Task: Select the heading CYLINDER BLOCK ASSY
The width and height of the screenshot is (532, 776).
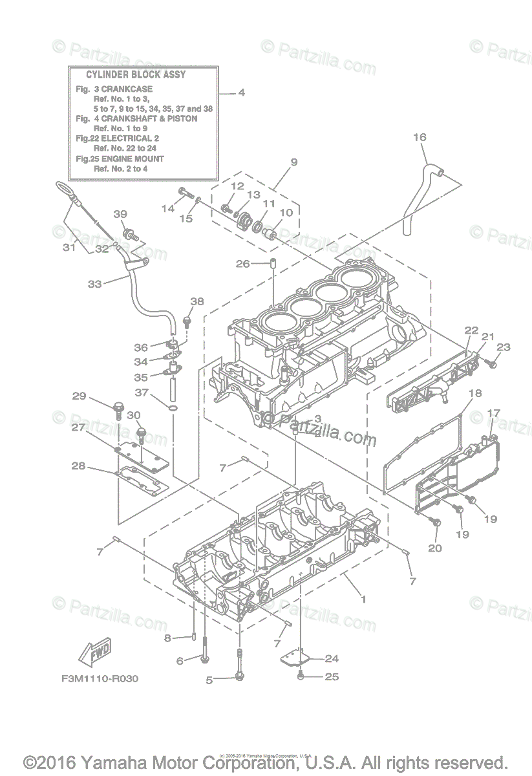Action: pos(136,75)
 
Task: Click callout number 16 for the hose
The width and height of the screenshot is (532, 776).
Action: pos(420,138)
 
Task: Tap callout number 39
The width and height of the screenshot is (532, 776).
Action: pos(120,215)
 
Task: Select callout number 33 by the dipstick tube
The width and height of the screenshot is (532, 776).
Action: pos(94,283)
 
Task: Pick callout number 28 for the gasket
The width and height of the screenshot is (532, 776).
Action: pos(78,466)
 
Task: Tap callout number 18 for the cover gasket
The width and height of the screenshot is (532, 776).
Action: pos(475,393)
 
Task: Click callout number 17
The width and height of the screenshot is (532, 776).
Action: pos(494,413)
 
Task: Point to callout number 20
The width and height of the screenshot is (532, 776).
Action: pos(434,548)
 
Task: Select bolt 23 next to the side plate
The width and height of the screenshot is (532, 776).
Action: pos(492,365)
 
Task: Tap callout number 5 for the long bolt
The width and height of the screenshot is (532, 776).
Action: pos(209,680)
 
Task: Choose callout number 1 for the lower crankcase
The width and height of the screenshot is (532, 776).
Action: pos(363,599)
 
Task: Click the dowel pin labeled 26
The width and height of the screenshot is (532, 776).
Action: pos(273,264)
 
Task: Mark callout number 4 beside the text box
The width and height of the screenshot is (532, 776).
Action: pos(241,92)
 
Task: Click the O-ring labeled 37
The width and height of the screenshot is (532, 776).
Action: pos(173,409)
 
